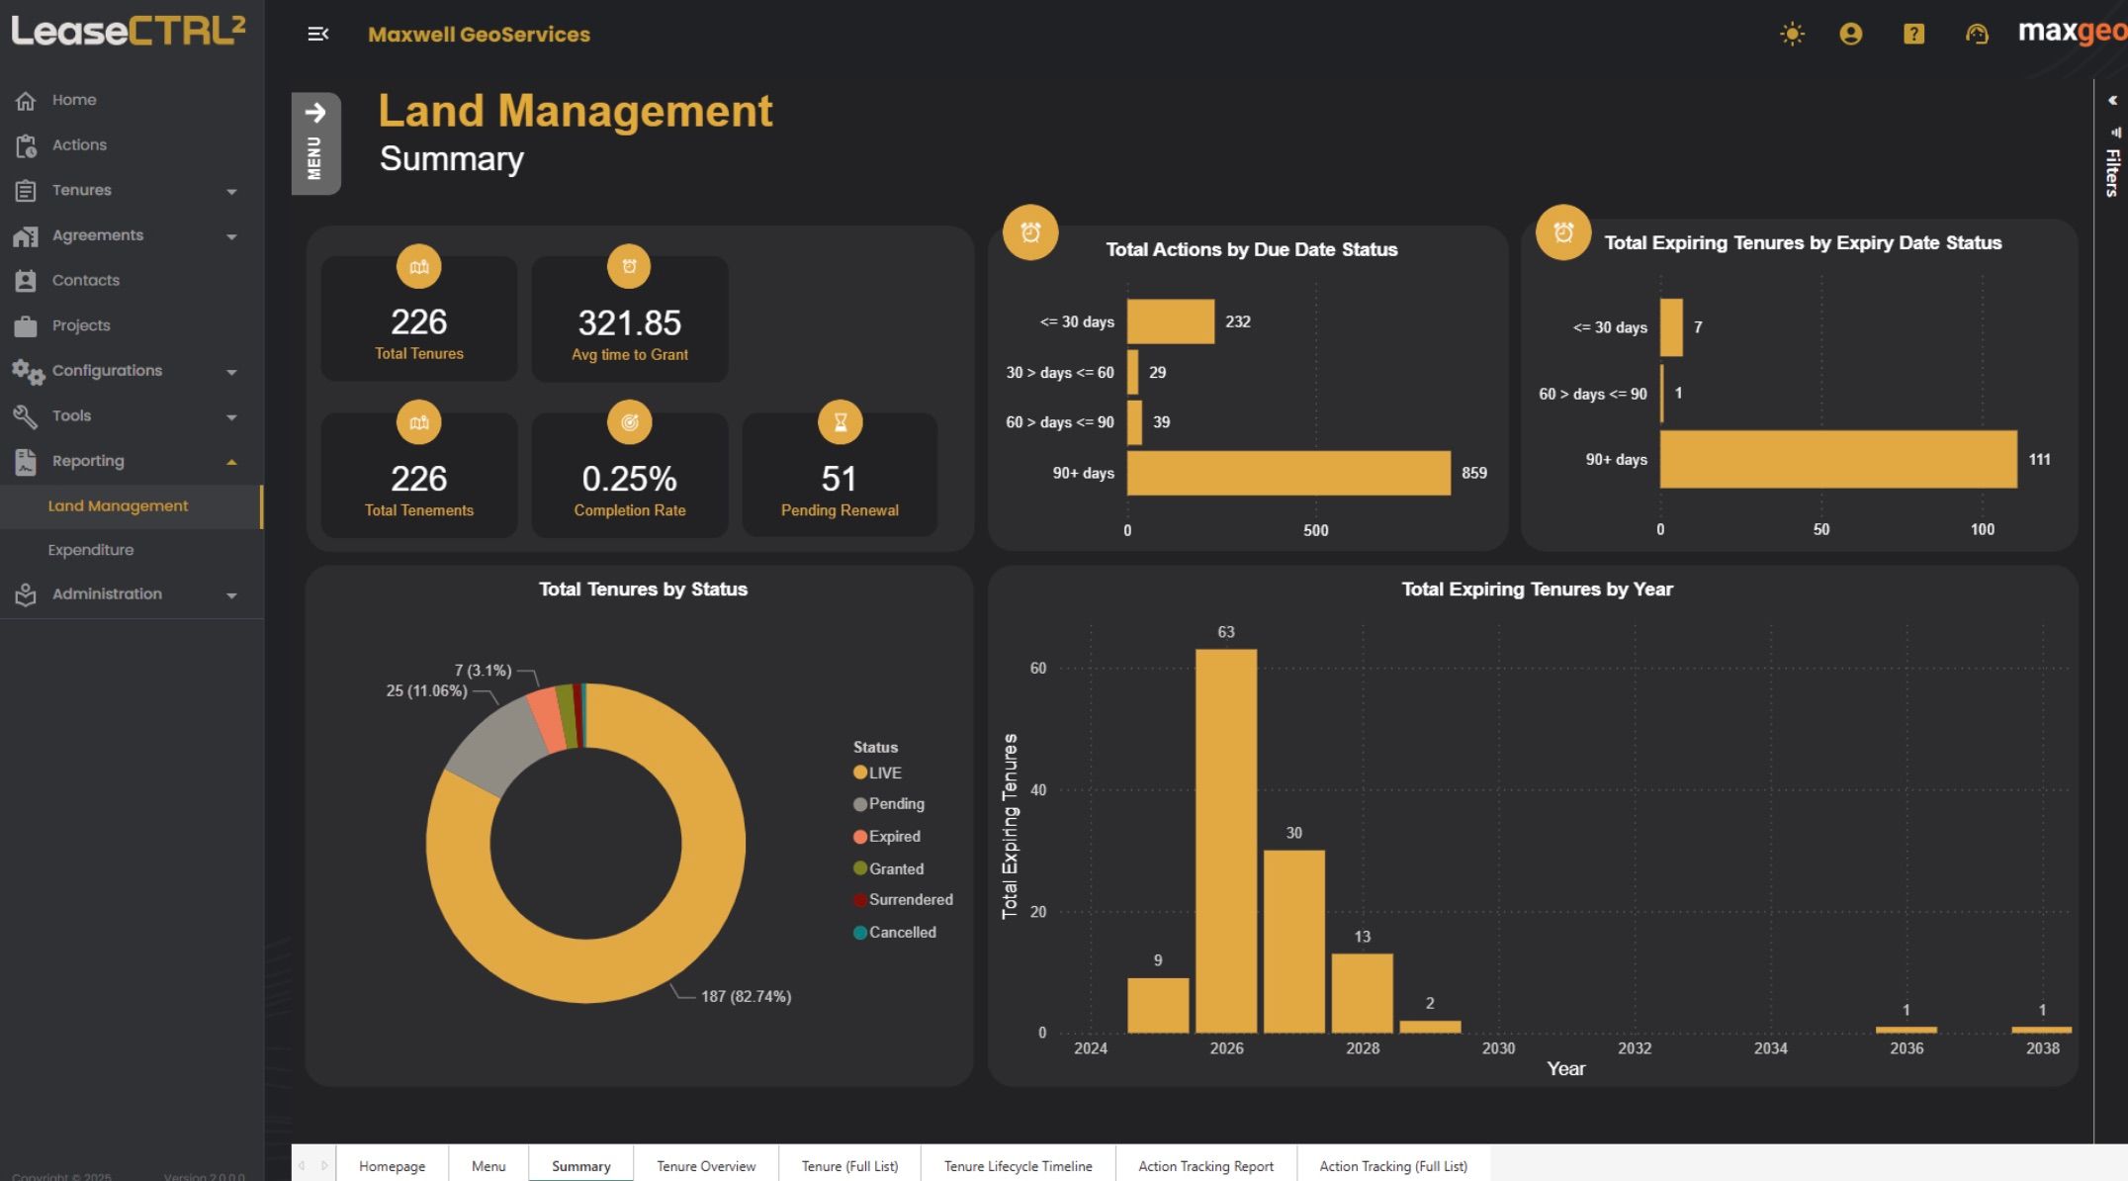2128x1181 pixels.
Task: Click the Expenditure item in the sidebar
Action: (x=90, y=550)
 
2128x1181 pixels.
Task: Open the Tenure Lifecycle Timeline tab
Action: (x=1018, y=1166)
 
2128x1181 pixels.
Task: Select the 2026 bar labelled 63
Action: (x=1225, y=841)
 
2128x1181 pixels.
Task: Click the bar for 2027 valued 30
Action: (x=1293, y=941)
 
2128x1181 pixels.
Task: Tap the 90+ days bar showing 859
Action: (x=1287, y=473)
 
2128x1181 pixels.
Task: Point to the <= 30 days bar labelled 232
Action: (x=1170, y=321)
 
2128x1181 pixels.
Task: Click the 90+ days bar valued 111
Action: (x=1837, y=459)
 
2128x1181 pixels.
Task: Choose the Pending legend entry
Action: (x=895, y=804)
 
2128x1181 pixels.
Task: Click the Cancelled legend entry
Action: (x=901, y=932)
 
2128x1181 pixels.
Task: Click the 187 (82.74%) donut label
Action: (x=746, y=996)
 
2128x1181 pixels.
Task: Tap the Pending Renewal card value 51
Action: (x=839, y=480)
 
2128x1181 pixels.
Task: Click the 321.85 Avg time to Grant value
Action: (x=629, y=323)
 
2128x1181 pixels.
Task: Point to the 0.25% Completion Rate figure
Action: (x=629, y=480)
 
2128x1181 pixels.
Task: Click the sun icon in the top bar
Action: (x=1792, y=35)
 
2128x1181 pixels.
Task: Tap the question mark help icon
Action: (x=1913, y=35)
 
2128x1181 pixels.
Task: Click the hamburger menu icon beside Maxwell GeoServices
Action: (x=317, y=35)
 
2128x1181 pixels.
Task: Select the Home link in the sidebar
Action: (x=73, y=100)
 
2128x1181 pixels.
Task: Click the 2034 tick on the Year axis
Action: (x=1770, y=1048)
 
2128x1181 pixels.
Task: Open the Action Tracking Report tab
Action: (x=1205, y=1166)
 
